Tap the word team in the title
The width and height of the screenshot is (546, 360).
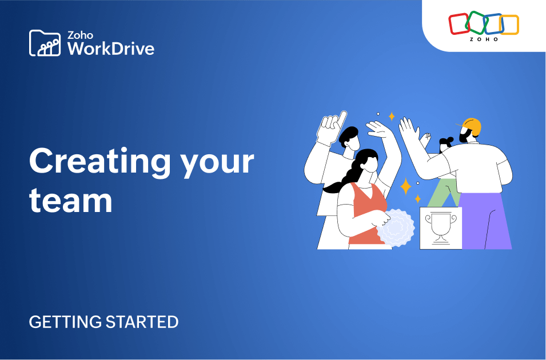tap(70, 201)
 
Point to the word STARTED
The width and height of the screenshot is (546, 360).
tap(142, 322)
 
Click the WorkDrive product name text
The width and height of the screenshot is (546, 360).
tap(111, 48)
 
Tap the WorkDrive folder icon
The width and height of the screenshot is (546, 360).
tap(45, 43)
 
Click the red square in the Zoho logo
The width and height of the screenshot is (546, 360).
tap(458, 24)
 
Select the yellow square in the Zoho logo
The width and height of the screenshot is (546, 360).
tap(509, 25)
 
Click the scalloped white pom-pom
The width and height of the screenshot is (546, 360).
tap(396, 227)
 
